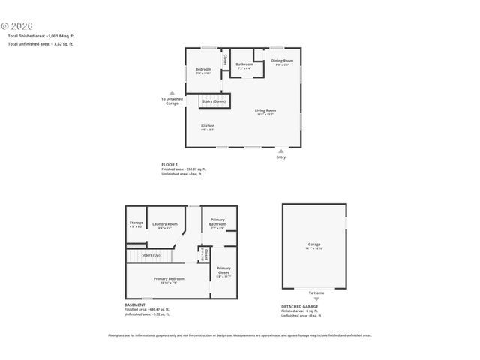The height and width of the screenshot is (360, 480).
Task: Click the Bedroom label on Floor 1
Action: [203, 70]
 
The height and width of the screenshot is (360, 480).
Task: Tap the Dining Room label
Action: [282, 61]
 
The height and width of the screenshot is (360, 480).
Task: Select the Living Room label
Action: [265, 111]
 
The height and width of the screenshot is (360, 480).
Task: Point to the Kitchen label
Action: [208, 125]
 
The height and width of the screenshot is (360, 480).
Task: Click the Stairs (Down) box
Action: [214, 100]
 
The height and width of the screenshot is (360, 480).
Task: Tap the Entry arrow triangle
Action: [281, 151]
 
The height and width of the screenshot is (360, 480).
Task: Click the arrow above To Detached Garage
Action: [172, 91]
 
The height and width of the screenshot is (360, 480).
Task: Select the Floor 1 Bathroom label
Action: [244, 64]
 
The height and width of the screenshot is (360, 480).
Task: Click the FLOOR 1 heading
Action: [169, 164]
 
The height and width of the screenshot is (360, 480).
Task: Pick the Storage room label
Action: [136, 223]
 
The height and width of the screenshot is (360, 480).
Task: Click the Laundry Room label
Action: [165, 224]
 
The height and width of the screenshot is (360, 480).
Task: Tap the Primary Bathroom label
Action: [218, 223]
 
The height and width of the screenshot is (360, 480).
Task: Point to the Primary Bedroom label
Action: [169, 278]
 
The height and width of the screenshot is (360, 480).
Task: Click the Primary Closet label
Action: [223, 270]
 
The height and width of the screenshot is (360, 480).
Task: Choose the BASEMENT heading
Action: [135, 304]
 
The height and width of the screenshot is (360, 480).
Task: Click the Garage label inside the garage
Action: [314, 244]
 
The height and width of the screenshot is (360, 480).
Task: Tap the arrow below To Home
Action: [316, 298]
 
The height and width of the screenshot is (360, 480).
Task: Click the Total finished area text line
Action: [41, 36]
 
